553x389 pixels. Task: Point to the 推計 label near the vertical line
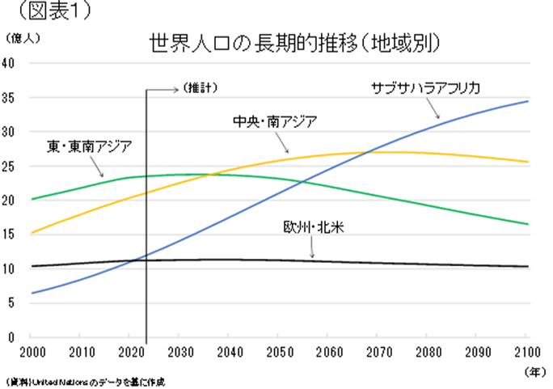pyautogui.click(x=201, y=87)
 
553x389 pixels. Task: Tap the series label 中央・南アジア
pyautogui.click(x=273, y=122)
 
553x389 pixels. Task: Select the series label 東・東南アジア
pyautogui.click(x=89, y=146)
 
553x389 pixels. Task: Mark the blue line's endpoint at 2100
pyautogui.click(x=527, y=101)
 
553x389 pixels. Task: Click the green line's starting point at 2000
pyautogui.click(x=32, y=199)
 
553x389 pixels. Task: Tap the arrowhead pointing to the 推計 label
pyautogui.click(x=176, y=88)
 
